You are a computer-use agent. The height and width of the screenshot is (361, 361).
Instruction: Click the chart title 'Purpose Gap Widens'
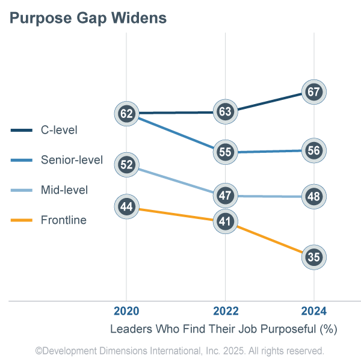(88, 19)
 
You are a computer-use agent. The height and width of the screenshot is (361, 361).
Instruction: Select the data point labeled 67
(313, 92)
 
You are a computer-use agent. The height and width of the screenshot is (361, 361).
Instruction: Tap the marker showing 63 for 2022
(225, 111)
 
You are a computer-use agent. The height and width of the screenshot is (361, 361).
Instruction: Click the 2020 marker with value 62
(126, 113)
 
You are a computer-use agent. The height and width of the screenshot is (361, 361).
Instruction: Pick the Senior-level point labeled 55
(225, 152)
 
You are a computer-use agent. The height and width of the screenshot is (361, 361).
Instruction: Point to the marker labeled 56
(313, 151)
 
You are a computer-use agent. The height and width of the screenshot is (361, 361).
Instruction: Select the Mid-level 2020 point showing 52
(126, 164)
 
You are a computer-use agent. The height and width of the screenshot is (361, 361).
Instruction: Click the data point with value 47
(225, 196)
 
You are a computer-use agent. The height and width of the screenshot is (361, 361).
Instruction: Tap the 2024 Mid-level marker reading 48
(313, 196)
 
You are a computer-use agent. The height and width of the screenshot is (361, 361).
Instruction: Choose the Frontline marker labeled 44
(126, 207)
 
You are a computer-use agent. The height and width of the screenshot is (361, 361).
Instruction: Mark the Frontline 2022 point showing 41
(225, 221)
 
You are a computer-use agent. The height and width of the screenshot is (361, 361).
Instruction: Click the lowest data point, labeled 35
(313, 257)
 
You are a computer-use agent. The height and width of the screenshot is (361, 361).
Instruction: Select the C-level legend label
(59, 129)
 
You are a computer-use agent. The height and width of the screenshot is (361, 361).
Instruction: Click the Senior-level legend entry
(72, 160)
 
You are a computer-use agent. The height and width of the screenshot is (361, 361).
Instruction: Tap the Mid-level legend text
(64, 190)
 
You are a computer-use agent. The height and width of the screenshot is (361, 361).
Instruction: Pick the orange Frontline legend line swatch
(21, 221)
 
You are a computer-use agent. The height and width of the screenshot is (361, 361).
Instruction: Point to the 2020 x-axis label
(126, 311)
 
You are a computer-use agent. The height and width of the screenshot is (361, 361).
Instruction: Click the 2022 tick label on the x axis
(225, 311)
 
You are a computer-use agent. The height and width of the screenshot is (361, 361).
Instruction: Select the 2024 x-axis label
(313, 311)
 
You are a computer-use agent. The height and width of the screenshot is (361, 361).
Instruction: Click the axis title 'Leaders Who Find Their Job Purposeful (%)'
(223, 329)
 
